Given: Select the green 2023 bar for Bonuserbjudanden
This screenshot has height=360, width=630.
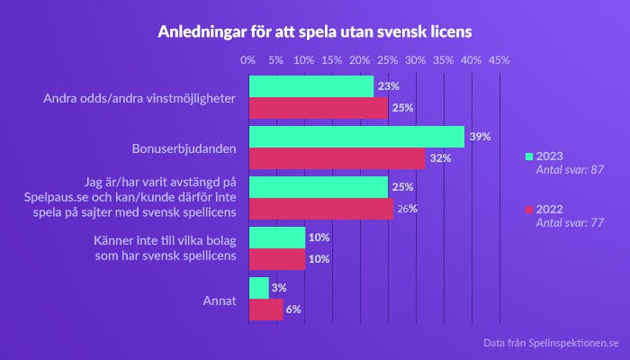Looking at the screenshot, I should [x=356, y=137].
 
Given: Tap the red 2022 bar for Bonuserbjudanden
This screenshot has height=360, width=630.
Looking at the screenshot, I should [x=337, y=158].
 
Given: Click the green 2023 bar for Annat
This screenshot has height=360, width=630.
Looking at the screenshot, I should [x=258, y=288].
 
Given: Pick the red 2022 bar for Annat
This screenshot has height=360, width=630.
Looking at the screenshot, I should [x=265, y=310].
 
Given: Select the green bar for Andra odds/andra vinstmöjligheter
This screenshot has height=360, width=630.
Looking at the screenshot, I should [x=311, y=86].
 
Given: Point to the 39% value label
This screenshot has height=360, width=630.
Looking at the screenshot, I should [x=480, y=138].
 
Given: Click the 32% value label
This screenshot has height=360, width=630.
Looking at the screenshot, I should [x=440, y=159].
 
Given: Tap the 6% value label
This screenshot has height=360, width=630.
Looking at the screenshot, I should [x=293, y=310].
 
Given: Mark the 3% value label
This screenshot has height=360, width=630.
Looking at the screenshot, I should [x=279, y=288].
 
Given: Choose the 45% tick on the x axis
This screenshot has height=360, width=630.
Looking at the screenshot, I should [x=499, y=59].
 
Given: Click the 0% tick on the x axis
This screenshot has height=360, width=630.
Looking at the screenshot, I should [x=248, y=59].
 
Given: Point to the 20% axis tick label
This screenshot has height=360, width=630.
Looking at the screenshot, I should [x=359, y=59].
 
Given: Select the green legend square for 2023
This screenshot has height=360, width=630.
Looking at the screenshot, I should [x=529, y=156].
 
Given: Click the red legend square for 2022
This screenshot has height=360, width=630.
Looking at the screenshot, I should [x=529, y=209].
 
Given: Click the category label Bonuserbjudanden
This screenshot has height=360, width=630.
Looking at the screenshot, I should [x=184, y=148].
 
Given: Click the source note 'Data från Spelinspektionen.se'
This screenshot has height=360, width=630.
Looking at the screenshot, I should [x=551, y=343].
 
